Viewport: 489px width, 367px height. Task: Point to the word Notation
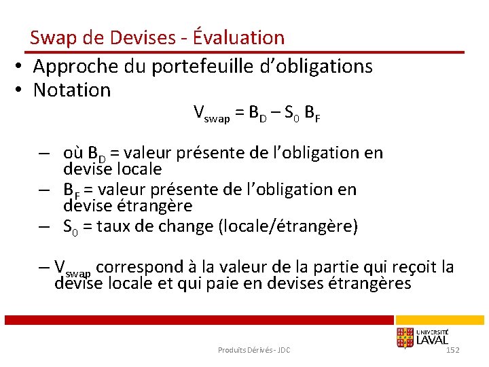point(71,90)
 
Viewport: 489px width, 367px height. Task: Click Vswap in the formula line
point(211,113)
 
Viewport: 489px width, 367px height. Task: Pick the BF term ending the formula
point(312,113)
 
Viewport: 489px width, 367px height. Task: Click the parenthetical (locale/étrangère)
point(287,226)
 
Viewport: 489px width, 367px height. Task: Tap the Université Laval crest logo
point(406,337)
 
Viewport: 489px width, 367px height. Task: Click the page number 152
point(453,349)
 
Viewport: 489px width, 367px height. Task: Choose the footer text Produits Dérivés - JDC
point(254,350)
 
